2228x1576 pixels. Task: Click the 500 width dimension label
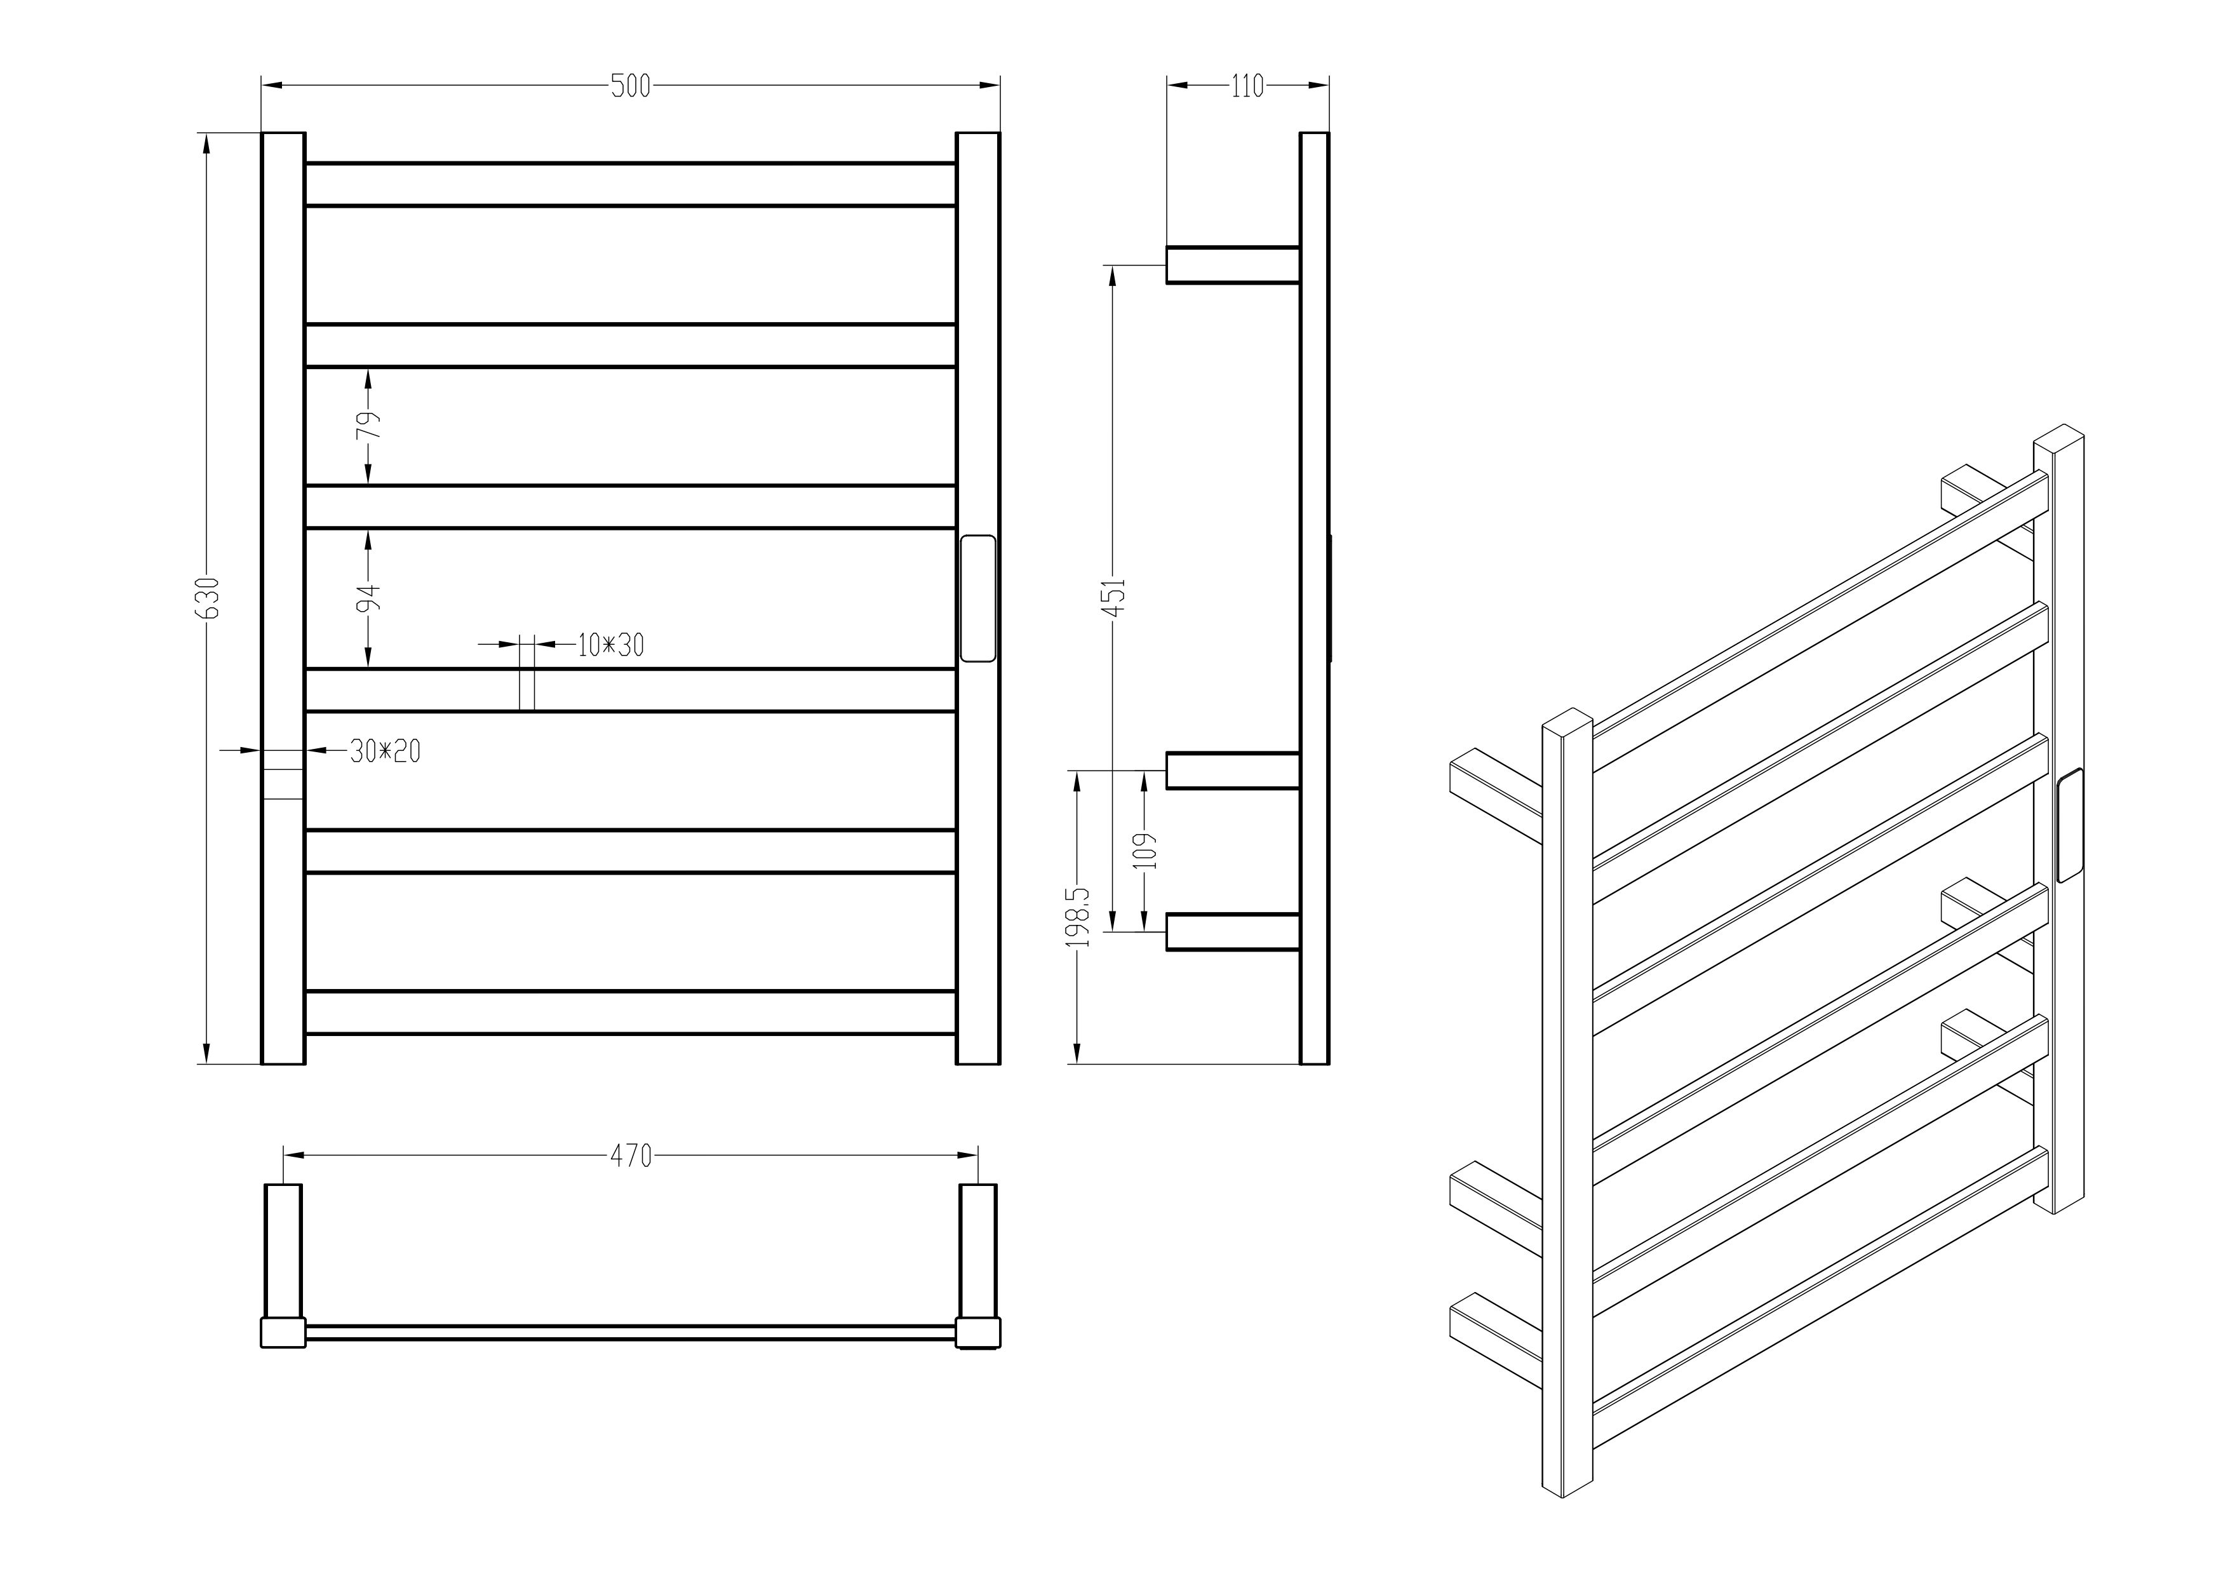[x=631, y=86]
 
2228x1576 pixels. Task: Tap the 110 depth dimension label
[x=1247, y=86]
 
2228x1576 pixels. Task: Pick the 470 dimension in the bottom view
[x=631, y=1156]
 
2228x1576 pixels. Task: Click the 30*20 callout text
[x=386, y=750]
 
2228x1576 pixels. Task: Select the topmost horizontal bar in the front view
[x=631, y=184]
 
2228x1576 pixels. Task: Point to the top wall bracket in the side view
[x=1232, y=265]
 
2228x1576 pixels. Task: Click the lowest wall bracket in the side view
[x=1232, y=932]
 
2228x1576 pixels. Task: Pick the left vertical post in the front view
[x=283, y=598]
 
